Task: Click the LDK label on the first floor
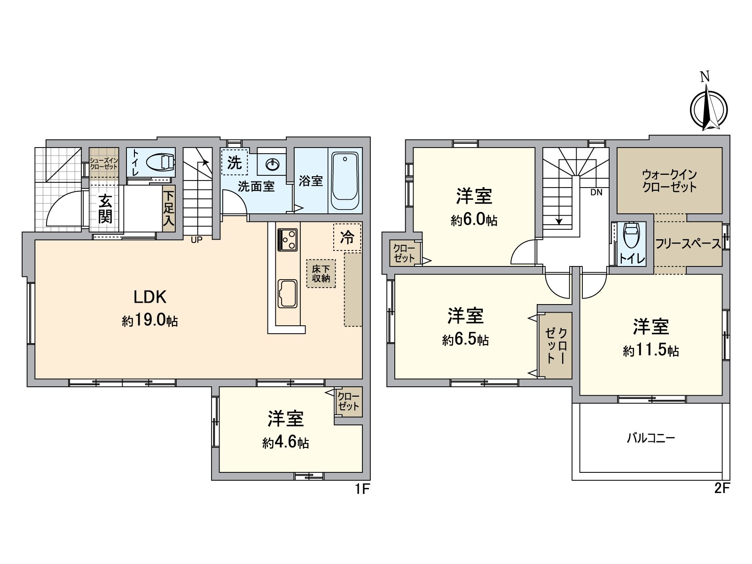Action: coord(150,297)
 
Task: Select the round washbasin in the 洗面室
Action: coord(273,164)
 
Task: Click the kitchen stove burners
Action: coord(287,239)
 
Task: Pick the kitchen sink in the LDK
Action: coord(287,294)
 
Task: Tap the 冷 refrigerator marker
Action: coord(347,237)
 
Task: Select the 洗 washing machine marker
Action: coord(235,163)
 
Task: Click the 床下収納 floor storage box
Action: coord(321,274)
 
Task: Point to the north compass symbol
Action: coord(708,109)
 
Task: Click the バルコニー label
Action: coord(651,439)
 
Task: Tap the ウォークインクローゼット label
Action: coord(669,180)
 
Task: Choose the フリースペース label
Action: coord(687,244)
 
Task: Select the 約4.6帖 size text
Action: coord(285,443)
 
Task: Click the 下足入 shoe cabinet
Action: coord(168,207)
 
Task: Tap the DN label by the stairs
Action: coord(596,192)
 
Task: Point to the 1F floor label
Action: coord(362,489)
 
